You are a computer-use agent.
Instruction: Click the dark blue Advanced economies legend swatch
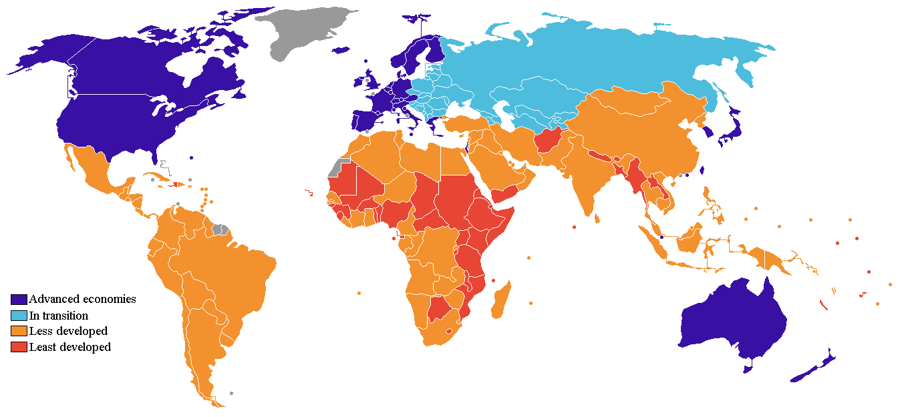pos(19,300)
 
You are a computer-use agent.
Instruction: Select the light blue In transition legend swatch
pos(19,316)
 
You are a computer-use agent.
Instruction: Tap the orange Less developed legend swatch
pos(19,332)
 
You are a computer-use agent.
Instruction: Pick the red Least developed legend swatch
pos(19,348)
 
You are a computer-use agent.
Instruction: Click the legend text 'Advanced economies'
pos(82,300)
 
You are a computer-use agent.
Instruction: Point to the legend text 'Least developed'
pos(70,348)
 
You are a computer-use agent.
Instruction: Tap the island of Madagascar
pos(500,300)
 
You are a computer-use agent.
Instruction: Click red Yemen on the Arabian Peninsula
pos(504,195)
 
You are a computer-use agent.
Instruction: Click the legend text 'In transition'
pos(59,316)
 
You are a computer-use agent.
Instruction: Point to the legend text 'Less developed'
pos(68,332)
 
